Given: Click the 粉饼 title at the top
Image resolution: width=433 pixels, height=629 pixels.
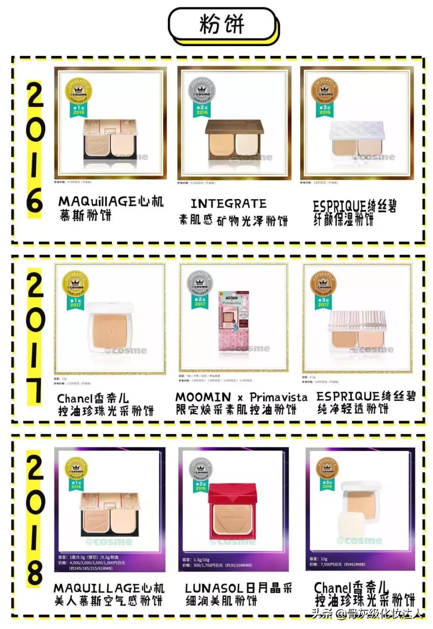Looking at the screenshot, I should tap(222, 24).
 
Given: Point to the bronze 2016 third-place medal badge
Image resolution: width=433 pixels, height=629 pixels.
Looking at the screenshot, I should tap(325, 95).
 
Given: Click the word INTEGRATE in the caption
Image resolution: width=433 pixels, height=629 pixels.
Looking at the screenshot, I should tap(229, 204).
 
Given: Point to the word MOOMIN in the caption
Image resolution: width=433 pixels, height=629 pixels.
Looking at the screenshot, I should tap(203, 397).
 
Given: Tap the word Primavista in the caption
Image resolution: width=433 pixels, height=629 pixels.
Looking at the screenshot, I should tap(278, 397).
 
